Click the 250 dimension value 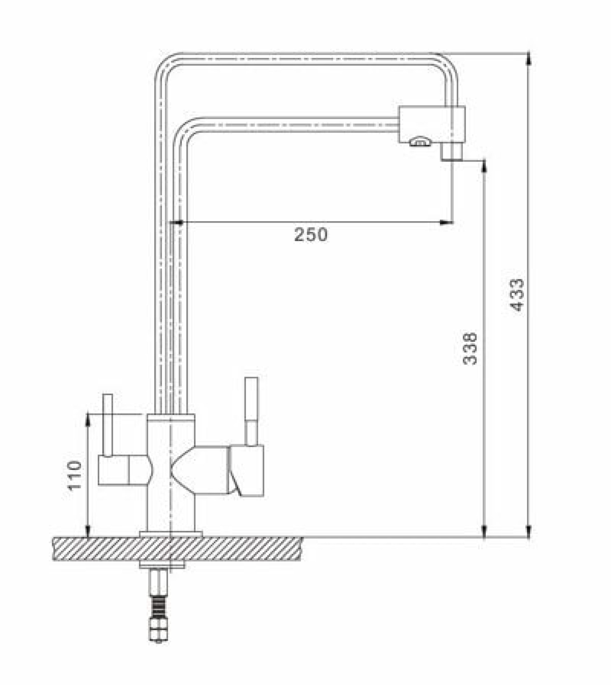(x=311, y=235)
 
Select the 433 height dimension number (x=517, y=295)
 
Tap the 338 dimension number (x=470, y=349)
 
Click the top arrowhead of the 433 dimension (x=528, y=59)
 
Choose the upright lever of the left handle (x=108, y=425)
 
